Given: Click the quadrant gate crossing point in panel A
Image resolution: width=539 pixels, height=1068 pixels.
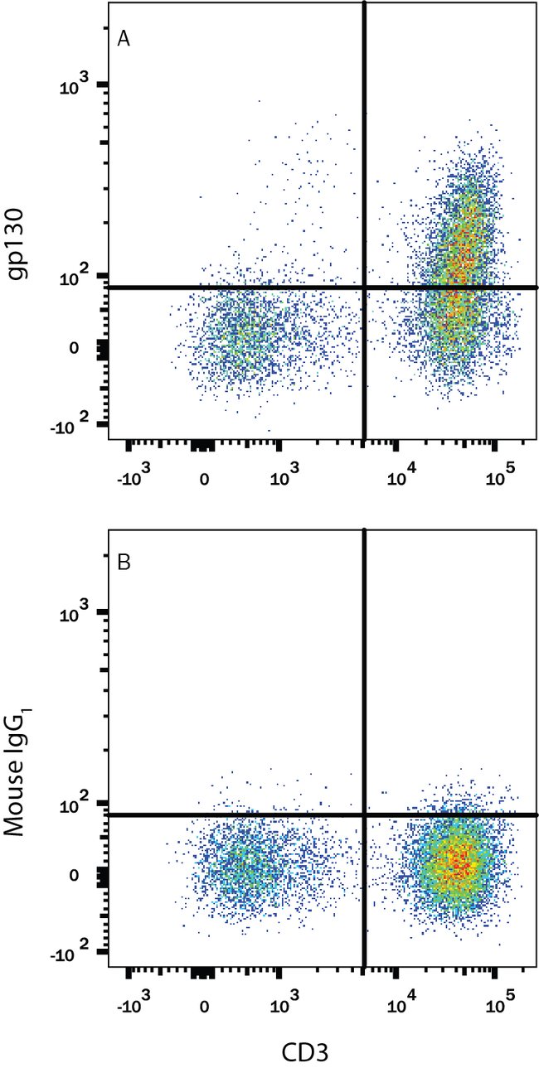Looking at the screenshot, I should [364, 288].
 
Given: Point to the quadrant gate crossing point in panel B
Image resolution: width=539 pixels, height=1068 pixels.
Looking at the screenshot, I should [364, 815].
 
